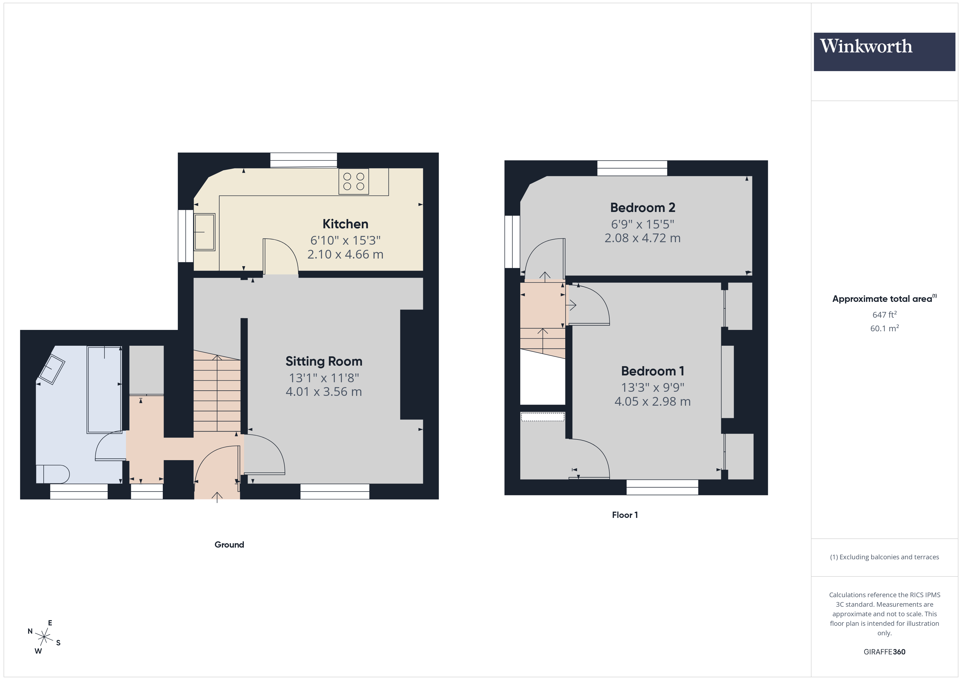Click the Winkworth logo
[884, 51]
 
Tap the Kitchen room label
[345, 224]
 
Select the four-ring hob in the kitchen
[354, 181]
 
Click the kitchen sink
[205, 232]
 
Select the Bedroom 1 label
[652, 371]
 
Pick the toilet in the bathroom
[53, 474]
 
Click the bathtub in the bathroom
[104, 389]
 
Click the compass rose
[44, 637]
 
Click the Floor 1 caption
[625, 515]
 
